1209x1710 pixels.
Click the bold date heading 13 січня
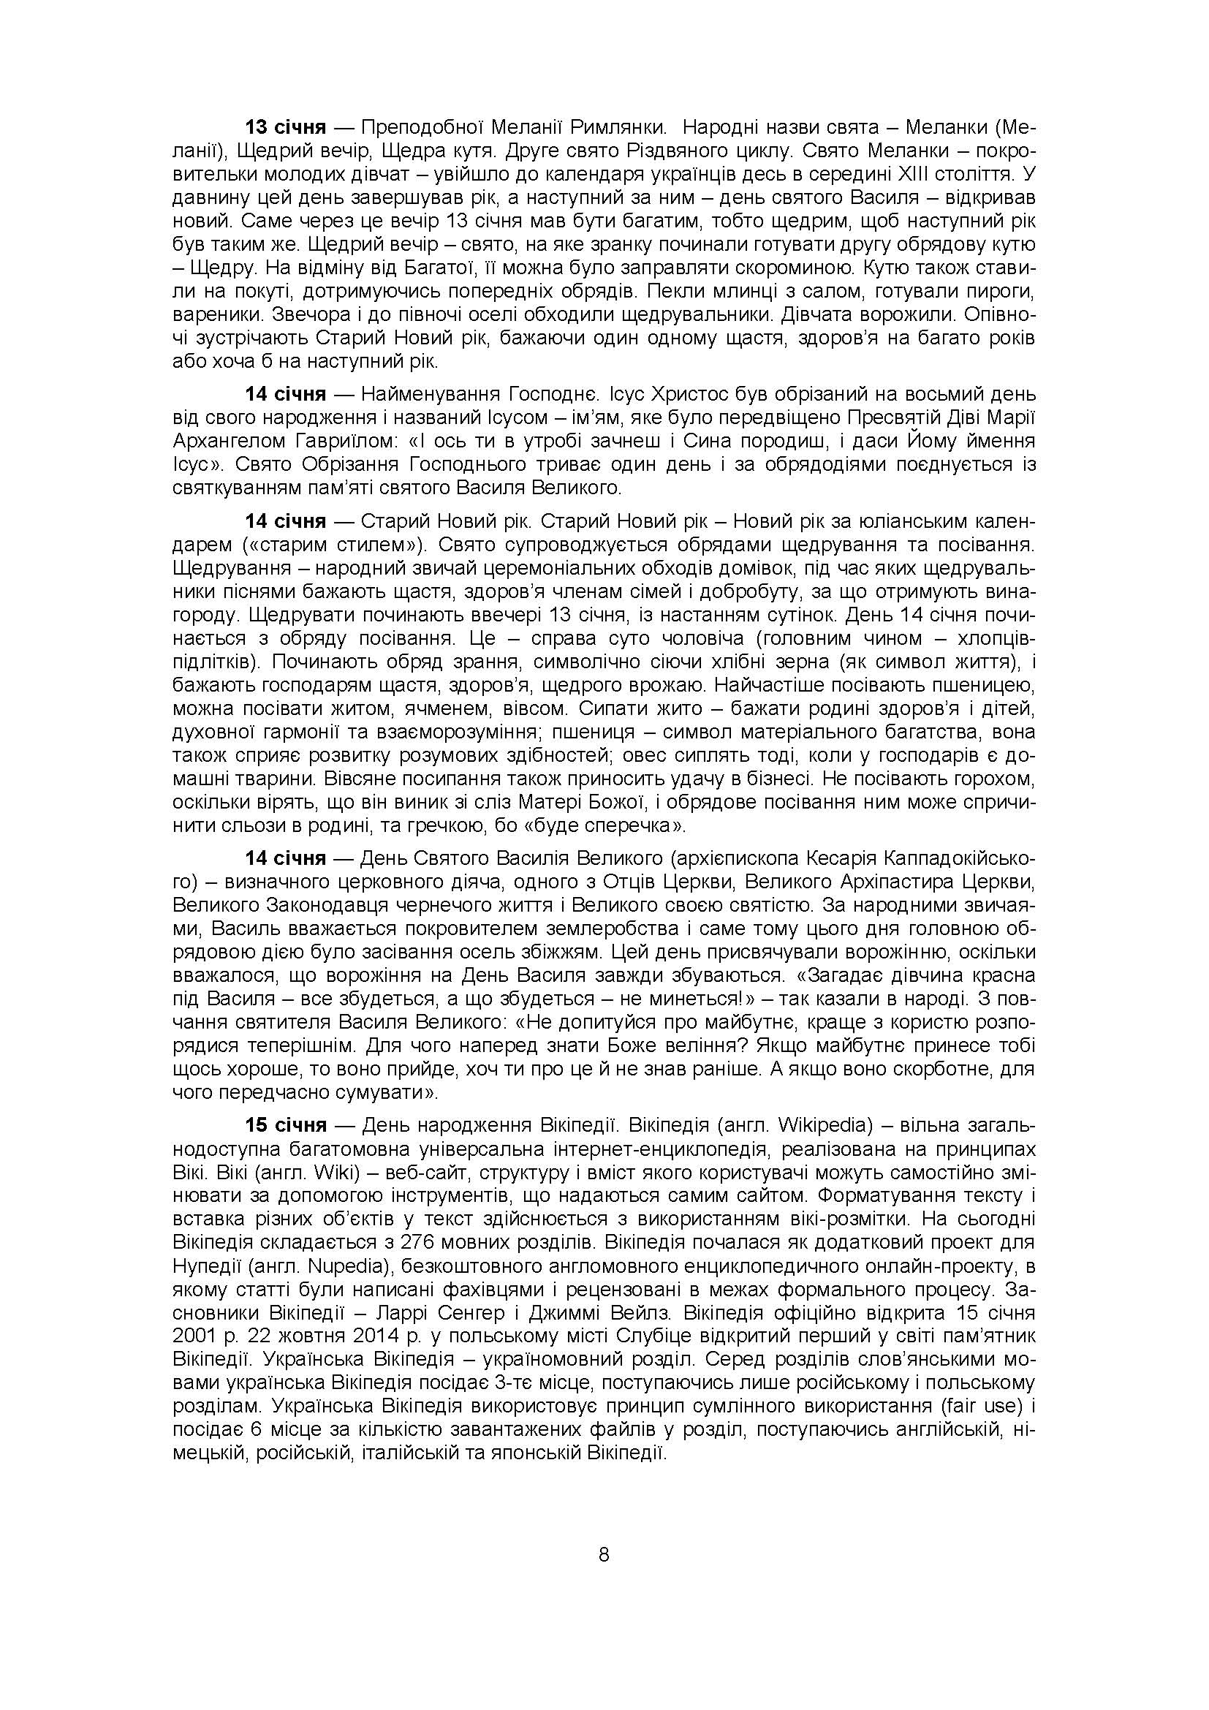pyautogui.click(x=286, y=127)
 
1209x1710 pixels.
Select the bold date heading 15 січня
pyautogui.click(x=286, y=1125)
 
